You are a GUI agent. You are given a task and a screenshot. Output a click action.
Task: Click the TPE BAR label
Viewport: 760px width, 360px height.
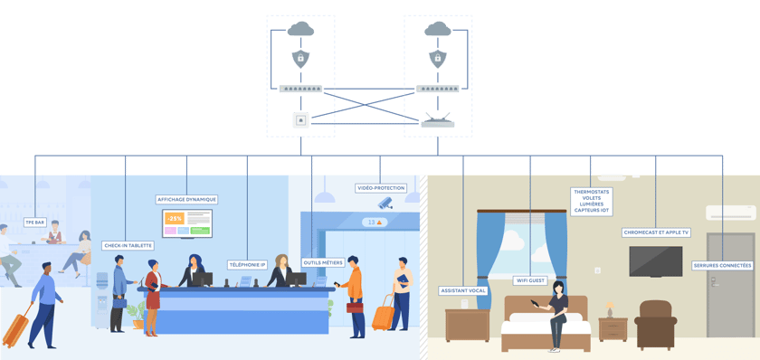pyautogui.click(x=35, y=221)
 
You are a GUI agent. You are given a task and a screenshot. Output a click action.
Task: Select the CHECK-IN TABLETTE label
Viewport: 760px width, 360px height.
pyautogui.click(x=128, y=245)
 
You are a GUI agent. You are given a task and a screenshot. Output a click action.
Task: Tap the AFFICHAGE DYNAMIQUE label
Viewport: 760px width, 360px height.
pyautogui.click(x=187, y=199)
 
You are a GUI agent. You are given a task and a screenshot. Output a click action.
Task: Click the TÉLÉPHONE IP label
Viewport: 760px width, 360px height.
pyautogui.click(x=247, y=265)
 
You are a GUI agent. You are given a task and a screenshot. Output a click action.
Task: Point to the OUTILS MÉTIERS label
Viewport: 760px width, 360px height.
pyautogui.click(x=323, y=262)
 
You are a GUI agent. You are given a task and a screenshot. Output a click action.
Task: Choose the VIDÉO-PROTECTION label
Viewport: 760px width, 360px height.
pyautogui.click(x=380, y=188)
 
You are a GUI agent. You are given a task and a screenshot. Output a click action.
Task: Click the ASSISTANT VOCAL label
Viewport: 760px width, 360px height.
pyautogui.click(x=463, y=290)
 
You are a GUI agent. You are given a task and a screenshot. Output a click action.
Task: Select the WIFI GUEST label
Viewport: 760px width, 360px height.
pyautogui.click(x=531, y=280)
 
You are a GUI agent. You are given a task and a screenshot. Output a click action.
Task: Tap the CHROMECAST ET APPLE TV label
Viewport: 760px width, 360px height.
pyautogui.click(x=656, y=232)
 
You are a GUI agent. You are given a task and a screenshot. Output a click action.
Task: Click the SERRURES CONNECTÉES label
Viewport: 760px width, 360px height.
pyautogui.click(x=722, y=266)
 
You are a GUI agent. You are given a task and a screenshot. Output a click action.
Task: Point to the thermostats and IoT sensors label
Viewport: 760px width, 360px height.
pyautogui.click(x=592, y=201)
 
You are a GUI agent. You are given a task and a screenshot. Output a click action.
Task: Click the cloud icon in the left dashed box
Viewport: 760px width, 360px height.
pyautogui.click(x=300, y=31)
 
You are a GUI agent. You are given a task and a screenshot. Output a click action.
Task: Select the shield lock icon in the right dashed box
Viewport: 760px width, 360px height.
pyautogui.click(x=438, y=59)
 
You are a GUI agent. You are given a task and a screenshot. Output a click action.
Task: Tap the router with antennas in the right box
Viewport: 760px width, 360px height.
pyautogui.click(x=438, y=121)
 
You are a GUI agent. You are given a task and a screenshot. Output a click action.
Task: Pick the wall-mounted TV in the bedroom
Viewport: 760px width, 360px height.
pyautogui.click(x=656, y=261)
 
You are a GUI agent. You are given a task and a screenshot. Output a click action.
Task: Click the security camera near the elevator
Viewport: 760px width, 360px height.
pyautogui.click(x=385, y=204)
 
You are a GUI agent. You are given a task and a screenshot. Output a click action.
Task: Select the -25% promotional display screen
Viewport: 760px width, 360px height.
pyautogui.click(x=187, y=222)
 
